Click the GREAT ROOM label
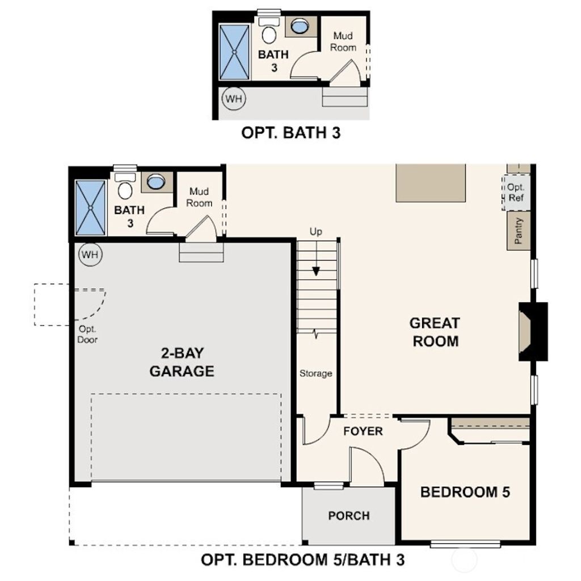(x=435, y=332)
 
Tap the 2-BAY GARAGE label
(x=182, y=362)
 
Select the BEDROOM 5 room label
(x=465, y=492)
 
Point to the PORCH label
(x=349, y=516)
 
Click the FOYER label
(x=363, y=431)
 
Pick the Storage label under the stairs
(x=316, y=373)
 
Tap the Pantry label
(x=518, y=231)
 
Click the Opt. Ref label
(x=516, y=193)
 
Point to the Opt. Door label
(x=88, y=335)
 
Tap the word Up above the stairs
(x=316, y=231)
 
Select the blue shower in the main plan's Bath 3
(x=90, y=207)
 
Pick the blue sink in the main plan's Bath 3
(x=155, y=182)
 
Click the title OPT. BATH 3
(x=291, y=133)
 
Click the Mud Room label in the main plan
(x=200, y=197)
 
